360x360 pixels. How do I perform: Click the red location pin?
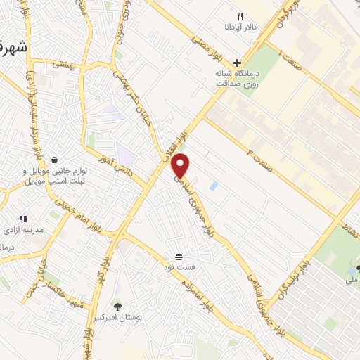[x=181, y=165]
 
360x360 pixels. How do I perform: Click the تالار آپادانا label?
[x=240, y=28]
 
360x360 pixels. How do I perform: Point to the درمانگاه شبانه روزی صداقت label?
[x=238, y=77]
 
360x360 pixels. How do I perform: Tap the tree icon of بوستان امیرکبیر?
[x=117, y=306]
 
